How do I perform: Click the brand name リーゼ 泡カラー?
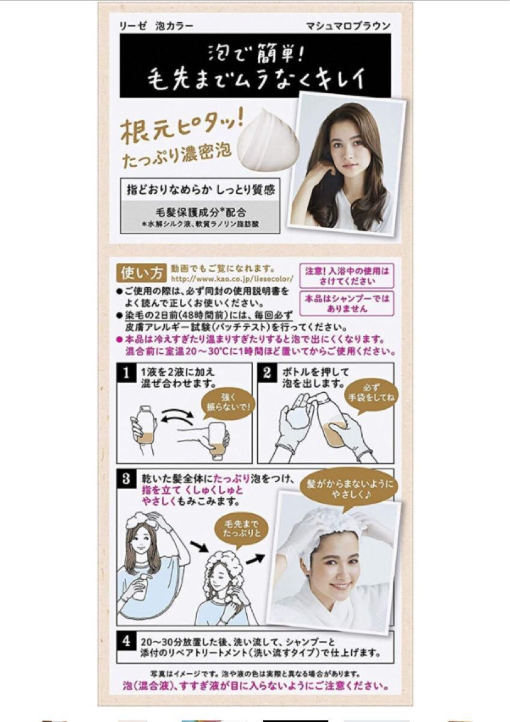click(x=156, y=26)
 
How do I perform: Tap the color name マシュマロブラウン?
click(x=348, y=26)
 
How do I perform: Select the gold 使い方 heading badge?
click(x=142, y=274)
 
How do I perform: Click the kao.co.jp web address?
click(x=232, y=279)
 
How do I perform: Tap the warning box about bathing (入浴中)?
click(x=347, y=276)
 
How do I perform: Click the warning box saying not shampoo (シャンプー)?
click(x=347, y=304)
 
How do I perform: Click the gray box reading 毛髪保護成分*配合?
click(x=200, y=217)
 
